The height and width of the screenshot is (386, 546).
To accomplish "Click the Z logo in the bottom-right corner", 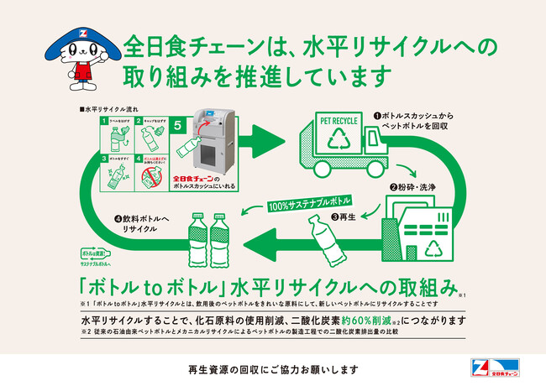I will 476,368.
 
